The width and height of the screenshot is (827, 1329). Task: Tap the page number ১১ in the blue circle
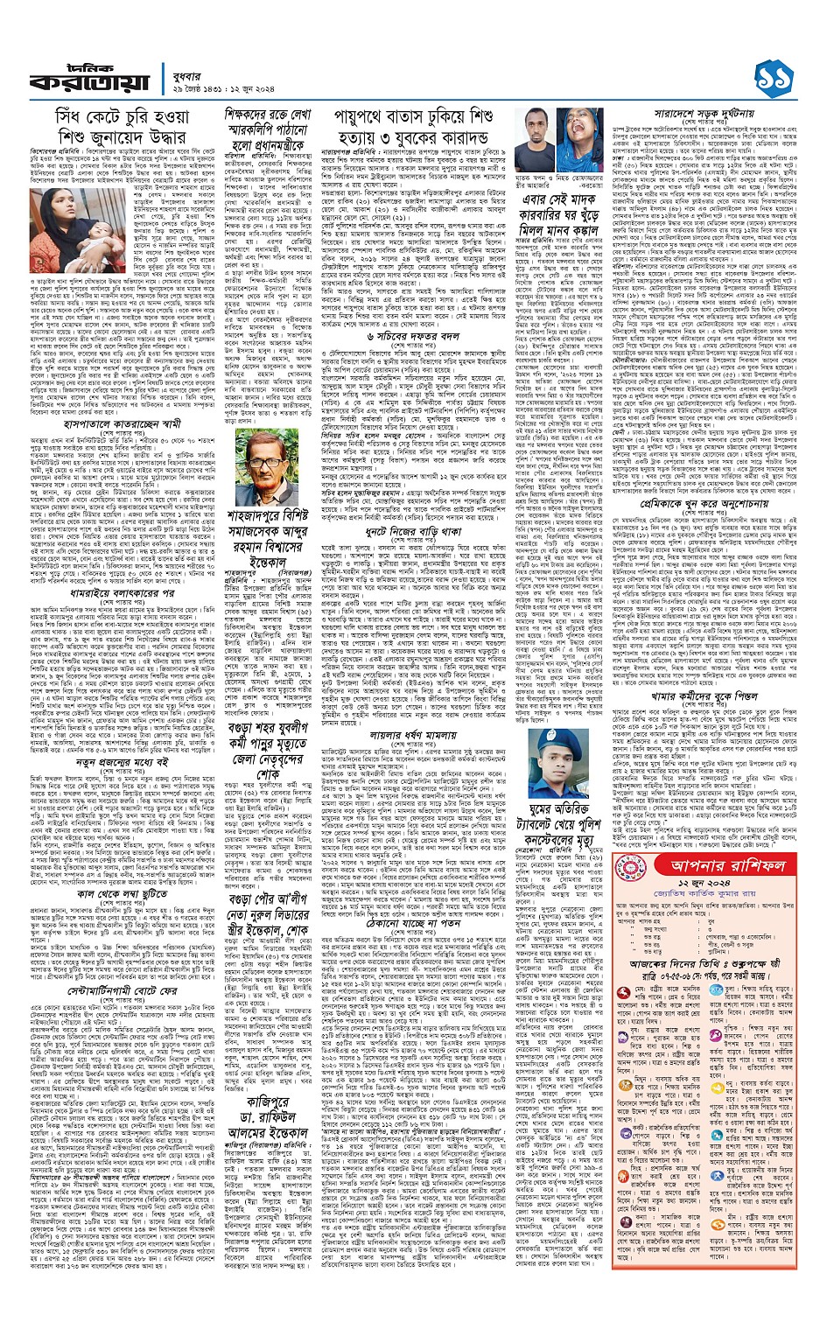774,66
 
